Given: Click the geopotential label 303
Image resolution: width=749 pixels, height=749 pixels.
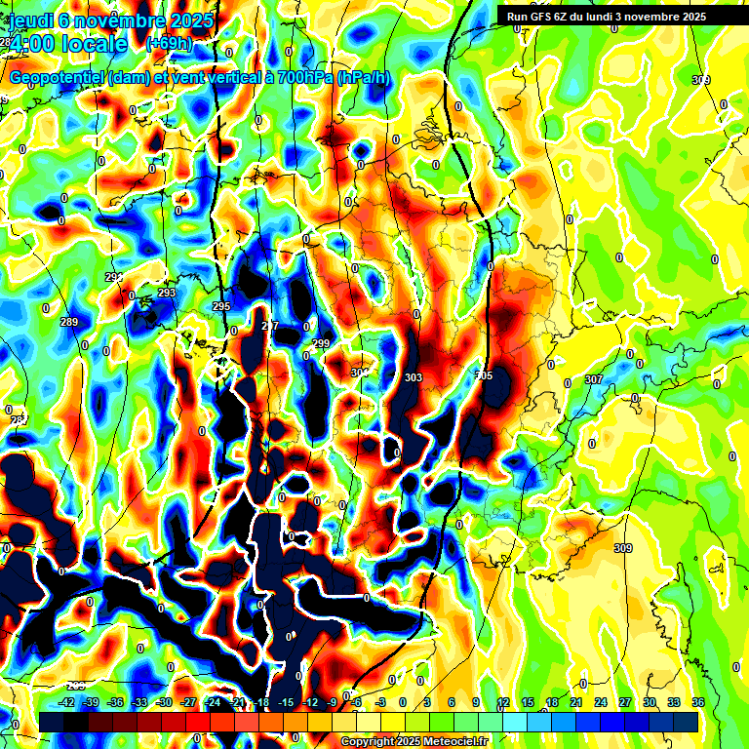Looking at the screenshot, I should click(413, 377).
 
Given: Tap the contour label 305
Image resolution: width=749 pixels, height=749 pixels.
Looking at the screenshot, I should click(484, 375).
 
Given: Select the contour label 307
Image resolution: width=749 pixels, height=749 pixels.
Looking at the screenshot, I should click(593, 379).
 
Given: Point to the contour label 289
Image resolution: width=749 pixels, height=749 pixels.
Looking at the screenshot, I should click(68, 322).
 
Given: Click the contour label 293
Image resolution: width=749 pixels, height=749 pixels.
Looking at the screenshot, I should click(166, 293).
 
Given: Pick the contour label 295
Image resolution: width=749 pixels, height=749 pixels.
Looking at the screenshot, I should click(221, 306).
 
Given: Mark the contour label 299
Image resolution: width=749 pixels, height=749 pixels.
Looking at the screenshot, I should click(321, 343).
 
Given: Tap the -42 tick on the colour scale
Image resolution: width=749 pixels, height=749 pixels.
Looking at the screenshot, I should click(67, 702).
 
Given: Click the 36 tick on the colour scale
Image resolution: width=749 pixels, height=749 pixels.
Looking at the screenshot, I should click(698, 702).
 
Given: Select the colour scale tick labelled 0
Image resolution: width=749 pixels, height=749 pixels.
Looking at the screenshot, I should click(404, 702).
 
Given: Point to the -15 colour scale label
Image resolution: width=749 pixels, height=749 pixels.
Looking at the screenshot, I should click(286, 702).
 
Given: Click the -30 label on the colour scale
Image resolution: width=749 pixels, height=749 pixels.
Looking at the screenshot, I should click(165, 702).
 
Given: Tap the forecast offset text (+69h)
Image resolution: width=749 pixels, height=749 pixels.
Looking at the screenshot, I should click(169, 43).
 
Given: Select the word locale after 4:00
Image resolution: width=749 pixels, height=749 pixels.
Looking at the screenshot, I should click(94, 44).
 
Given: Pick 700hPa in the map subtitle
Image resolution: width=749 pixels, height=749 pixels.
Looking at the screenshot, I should click(302, 77).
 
